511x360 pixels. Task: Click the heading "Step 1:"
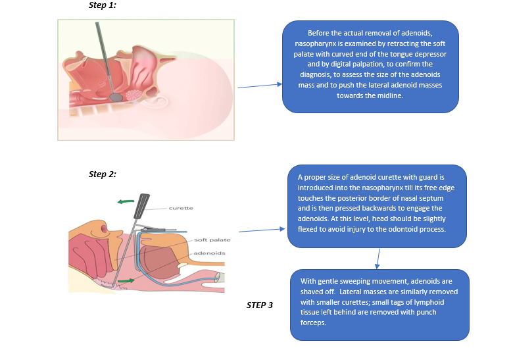pos(102,5)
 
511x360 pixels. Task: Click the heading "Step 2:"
pos(102,174)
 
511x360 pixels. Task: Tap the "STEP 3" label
pos(260,305)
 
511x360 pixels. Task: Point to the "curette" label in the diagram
pos(180,208)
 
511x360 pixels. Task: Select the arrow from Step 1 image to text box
pos(258,86)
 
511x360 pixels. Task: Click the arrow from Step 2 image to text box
pos(262,230)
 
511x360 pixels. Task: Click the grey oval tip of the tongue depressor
pos(116,96)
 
